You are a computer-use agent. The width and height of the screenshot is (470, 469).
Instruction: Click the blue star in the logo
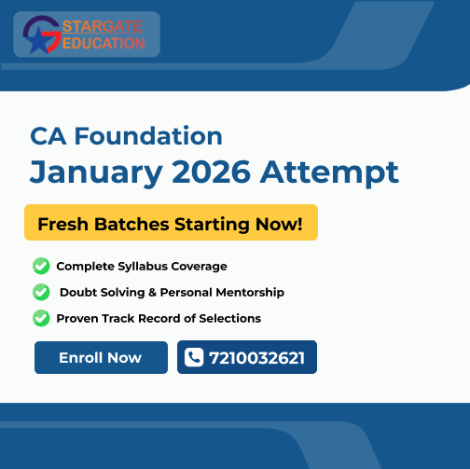point(39,41)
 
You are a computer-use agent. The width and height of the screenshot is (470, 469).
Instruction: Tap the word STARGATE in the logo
point(103,27)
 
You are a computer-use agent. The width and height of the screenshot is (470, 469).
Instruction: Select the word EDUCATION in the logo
point(104,43)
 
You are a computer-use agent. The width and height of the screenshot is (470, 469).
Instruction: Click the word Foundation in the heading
point(148,136)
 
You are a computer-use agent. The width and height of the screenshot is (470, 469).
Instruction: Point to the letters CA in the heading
point(48,136)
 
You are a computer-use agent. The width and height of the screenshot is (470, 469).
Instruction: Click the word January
point(96,172)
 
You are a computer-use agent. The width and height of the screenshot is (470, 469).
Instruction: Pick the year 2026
point(212,172)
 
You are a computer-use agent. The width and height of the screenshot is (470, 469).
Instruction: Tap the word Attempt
point(329,172)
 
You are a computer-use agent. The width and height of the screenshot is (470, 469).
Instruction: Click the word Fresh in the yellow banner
point(63,224)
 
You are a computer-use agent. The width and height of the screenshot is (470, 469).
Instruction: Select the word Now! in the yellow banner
point(279,224)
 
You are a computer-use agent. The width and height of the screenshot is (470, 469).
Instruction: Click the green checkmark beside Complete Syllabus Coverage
point(41,266)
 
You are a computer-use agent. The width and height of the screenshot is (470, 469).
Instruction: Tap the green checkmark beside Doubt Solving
point(41,292)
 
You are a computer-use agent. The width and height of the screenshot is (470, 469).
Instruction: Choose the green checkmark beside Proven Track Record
point(41,318)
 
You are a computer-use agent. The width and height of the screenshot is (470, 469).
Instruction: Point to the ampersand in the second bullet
point(152,293)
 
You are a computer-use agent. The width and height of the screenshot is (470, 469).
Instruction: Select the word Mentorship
point(250,293)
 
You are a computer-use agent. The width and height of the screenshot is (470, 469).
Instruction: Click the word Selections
point(230,319)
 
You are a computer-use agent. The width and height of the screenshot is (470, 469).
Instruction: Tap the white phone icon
point(194,357)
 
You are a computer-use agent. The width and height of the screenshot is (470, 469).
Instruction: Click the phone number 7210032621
point(256,358)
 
